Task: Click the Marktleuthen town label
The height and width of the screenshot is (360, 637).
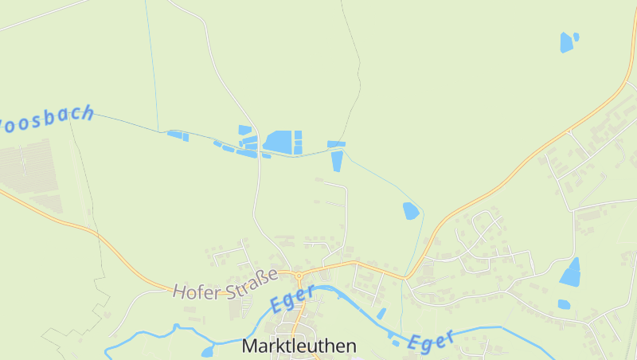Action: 299,346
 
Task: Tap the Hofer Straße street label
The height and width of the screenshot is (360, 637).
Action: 225,284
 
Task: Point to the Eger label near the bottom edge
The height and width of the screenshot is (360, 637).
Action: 431,340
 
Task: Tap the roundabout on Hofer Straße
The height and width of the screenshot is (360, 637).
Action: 299,276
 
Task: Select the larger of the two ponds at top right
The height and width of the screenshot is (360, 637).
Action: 566,42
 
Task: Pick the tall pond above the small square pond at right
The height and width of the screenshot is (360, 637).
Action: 571,272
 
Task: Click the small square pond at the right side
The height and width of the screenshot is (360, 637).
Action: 564,303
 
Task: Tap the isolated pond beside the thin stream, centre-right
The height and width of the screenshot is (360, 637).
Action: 411,211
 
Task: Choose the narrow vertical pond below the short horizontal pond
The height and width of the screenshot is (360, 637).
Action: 337,160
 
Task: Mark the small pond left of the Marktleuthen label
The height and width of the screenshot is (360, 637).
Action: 208,351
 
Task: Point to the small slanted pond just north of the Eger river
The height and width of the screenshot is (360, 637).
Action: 381,313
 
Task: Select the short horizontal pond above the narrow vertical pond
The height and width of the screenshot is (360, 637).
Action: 337,144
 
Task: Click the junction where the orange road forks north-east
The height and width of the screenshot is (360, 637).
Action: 408,277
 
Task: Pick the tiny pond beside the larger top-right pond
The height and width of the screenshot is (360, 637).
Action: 576,36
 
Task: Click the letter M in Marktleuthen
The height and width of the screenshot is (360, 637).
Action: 248,346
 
